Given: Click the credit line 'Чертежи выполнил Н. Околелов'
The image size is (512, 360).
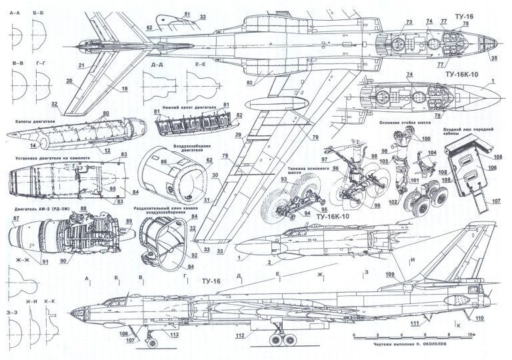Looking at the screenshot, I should click(x=408, y=347).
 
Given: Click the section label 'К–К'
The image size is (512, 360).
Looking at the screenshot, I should click(x=50, y=301).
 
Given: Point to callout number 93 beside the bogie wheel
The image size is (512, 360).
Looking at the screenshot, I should click(x=265, y=181).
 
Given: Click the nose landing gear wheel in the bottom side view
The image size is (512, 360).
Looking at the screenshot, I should click(x=151, y=343).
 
